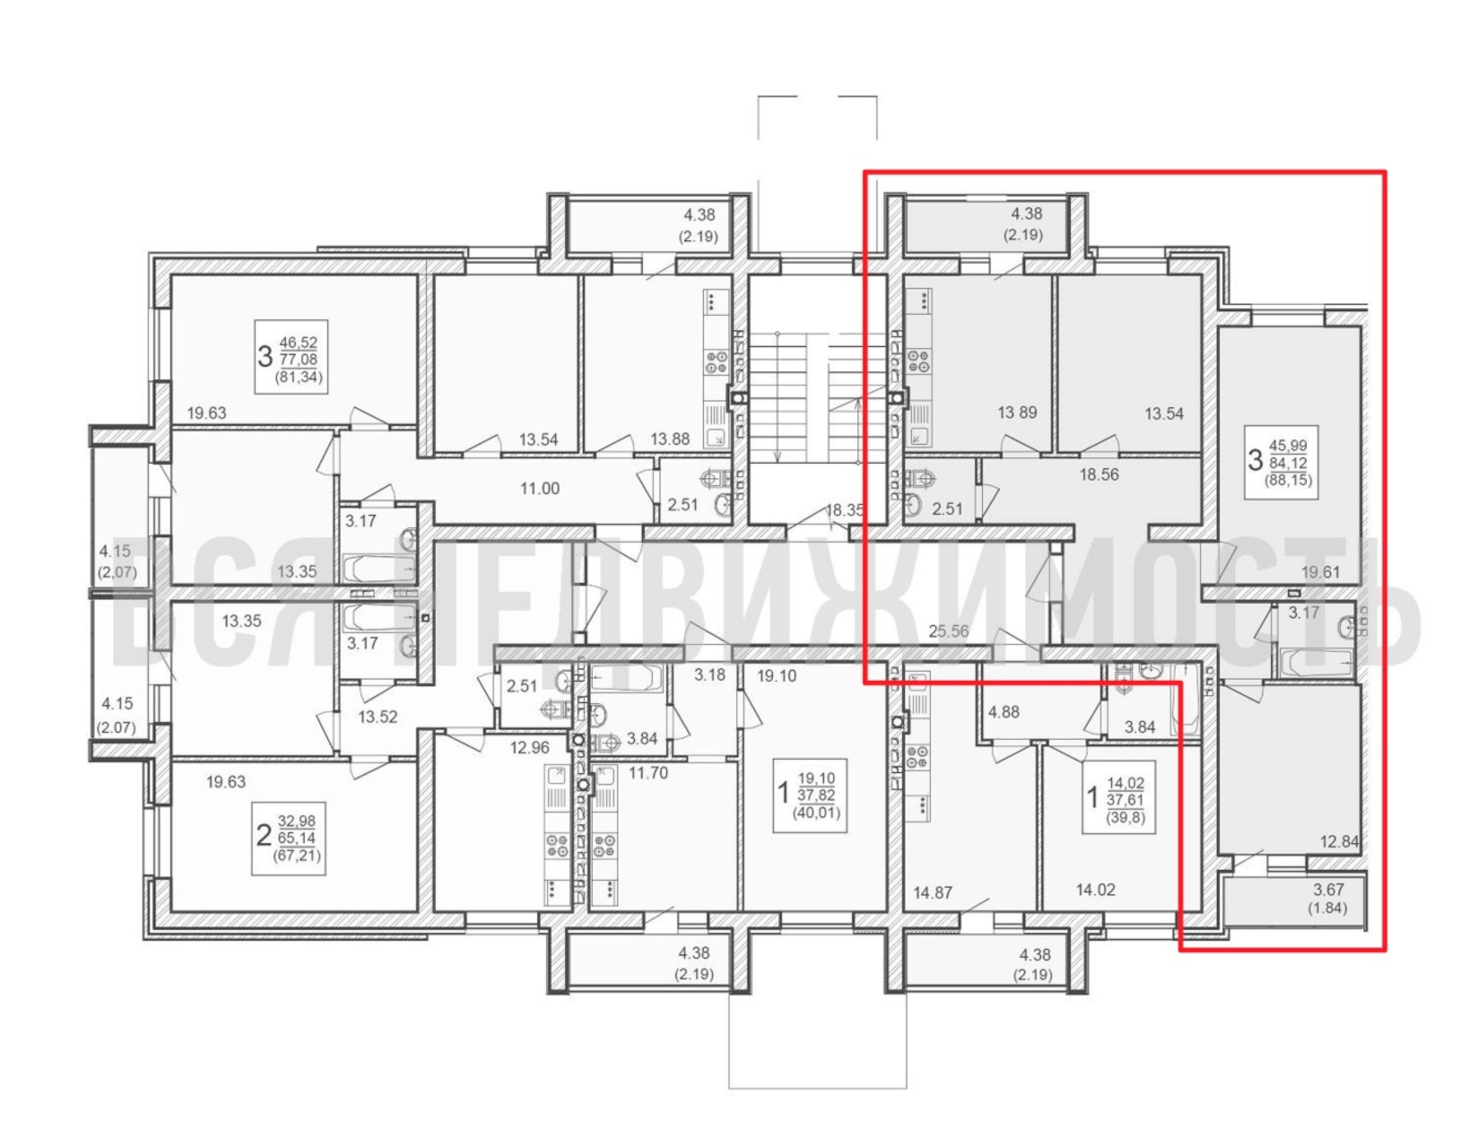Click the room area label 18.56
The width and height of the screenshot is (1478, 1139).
coord(1099,474)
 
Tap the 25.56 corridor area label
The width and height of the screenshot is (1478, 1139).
coord(949,632)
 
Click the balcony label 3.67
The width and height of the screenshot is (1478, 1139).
coord(1328,889)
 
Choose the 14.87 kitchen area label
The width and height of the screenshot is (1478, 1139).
coord(933,892)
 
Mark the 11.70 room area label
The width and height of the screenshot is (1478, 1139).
coord(648,772)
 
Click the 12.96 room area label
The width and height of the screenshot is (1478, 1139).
coord(530,748)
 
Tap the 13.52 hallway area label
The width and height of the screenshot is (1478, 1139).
coord(377,716)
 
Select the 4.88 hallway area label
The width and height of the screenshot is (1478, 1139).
coord(1004,712)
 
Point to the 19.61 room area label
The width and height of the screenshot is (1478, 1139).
coord(1320,572)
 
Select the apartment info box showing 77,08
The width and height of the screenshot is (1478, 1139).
coord(291,357)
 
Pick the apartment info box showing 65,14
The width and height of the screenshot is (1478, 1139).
coord(288,839)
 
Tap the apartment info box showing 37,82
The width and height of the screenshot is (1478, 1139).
coord(810,795)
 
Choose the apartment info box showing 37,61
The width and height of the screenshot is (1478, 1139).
coord(1119,797)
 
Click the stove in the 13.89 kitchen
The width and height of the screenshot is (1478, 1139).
coord(919,360)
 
